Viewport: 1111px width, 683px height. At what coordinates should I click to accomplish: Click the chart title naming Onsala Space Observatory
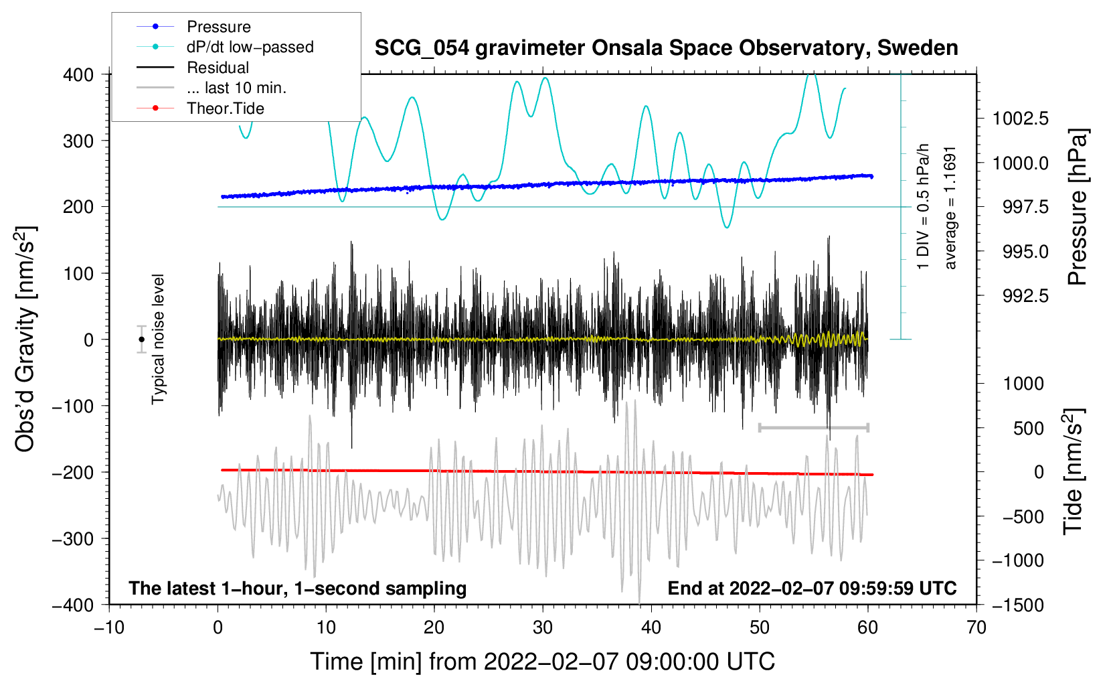666,48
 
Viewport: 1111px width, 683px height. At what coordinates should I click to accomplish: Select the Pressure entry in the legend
218,27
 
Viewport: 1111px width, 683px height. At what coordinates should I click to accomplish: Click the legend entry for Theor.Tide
225,108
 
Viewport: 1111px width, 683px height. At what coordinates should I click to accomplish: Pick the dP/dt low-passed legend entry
250,47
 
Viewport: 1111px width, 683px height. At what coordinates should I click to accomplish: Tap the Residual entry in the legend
218,68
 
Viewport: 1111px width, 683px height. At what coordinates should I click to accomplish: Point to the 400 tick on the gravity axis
79,74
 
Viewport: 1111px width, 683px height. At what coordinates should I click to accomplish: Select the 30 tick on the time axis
543,627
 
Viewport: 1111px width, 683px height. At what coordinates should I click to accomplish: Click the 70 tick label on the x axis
976,627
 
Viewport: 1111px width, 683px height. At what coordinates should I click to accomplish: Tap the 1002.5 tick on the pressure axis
1020,119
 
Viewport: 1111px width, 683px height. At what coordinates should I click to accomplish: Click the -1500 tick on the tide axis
1019,605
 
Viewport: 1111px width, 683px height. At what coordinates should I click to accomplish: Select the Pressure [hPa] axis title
1078,207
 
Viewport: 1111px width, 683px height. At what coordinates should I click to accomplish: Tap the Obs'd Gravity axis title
25,339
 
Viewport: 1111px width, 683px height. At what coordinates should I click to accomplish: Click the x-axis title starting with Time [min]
543,662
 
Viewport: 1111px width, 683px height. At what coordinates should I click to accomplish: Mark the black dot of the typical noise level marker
142,339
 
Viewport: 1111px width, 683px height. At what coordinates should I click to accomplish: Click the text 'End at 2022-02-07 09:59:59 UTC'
812,589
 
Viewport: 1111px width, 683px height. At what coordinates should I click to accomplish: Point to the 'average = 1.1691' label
950,208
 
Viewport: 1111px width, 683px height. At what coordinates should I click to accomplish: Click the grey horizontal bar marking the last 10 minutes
813,427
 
